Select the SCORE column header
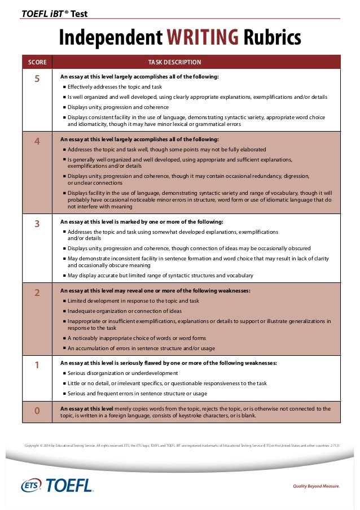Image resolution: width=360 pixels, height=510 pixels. tap(37, 62)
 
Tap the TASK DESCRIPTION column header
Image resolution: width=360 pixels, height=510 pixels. tap(174, 62)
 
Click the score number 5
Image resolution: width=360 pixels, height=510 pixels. tap(37, 79)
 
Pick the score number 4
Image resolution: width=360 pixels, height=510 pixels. tap(37, 142)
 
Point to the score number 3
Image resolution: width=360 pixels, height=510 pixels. tap(37, 224)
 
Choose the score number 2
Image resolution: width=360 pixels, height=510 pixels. tap(37, 293)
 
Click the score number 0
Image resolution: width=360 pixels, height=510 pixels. tap(37, 411)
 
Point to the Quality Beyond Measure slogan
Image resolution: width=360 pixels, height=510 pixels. tap(316, 486)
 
